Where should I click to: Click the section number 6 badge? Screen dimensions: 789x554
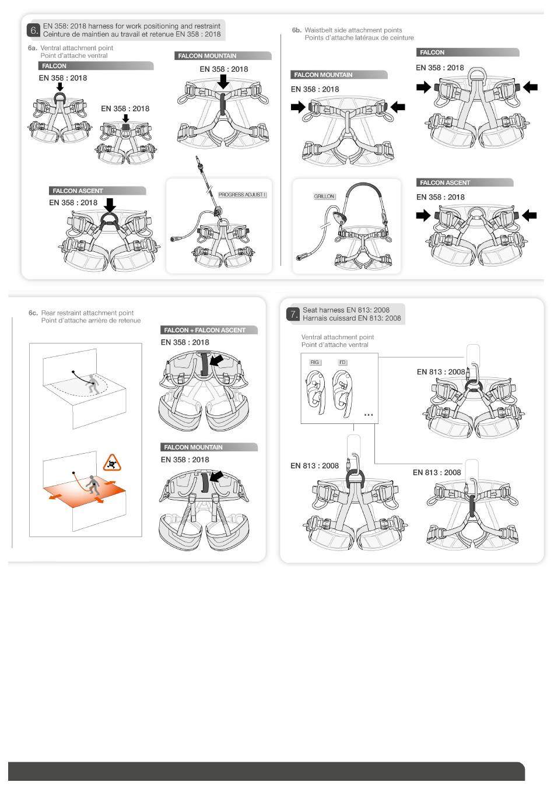coord(34,30)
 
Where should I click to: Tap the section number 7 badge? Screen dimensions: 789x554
coord(293,314)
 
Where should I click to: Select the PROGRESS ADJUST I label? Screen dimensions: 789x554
coord(242,195)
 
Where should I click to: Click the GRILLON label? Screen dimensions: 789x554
coord(324,197)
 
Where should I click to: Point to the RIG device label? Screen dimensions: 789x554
coord(315,363)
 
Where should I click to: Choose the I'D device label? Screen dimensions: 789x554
coord(342,363)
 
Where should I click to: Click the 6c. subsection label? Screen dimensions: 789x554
coord(33,313)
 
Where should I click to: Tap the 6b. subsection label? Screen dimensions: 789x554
coord(297,30)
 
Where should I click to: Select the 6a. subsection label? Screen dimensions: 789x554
coord(33,48)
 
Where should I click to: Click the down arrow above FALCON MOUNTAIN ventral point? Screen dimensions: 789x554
coord(223,82)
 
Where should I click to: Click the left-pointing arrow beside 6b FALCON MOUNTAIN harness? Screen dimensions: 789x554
coord(398,107)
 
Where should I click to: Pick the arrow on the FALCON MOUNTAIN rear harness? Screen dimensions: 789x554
coord(216,478)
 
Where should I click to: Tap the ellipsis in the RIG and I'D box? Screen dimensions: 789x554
coord(368,415)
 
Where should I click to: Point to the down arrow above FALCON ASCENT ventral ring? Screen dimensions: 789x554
coord(109,205)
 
